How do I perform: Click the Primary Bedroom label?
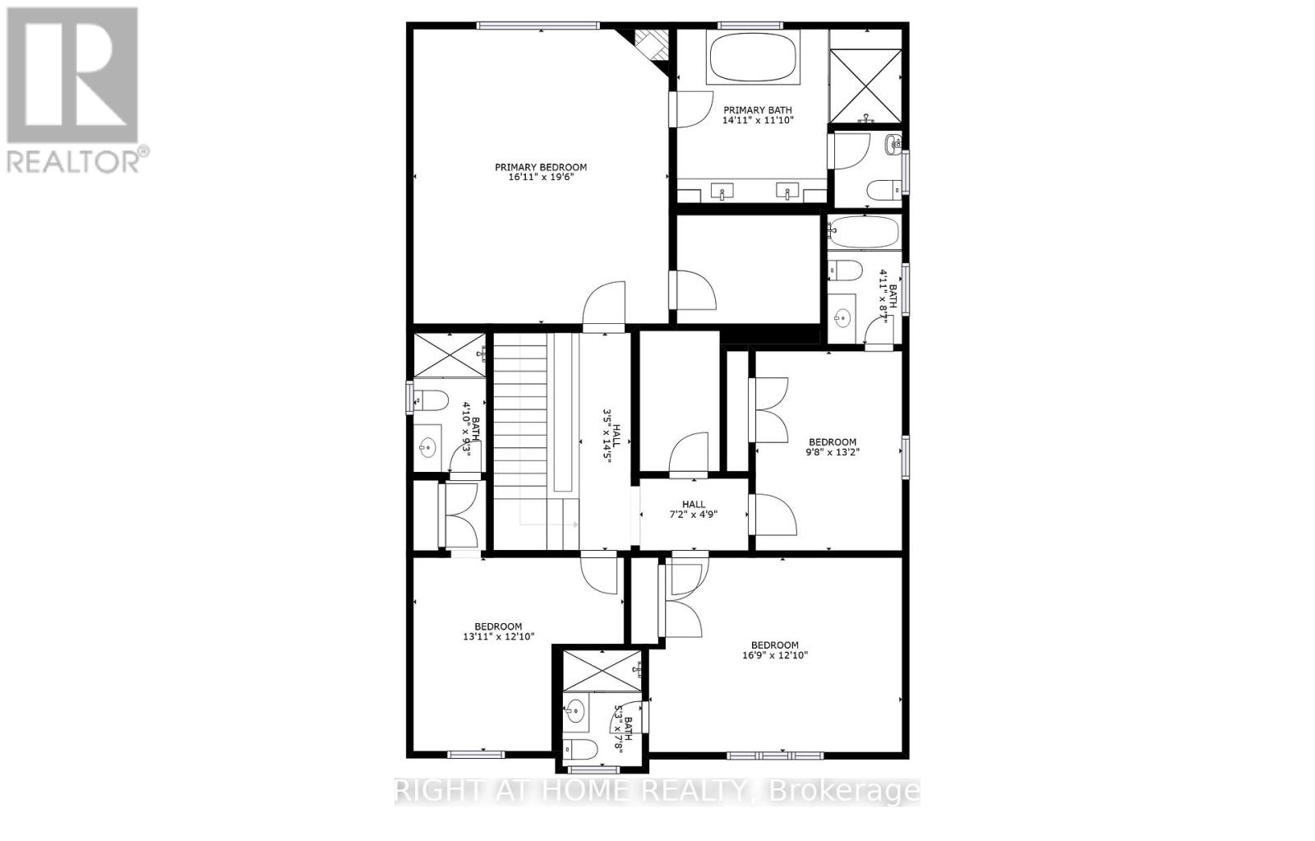(x=540, y=168)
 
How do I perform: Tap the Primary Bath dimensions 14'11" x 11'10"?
(x=758, y=120)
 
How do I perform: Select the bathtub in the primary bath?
(x=752, y=56)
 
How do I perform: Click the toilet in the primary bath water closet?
(x=884, y=188)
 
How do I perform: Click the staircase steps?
(x=519, y=427)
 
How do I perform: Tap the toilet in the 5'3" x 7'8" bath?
(x=580, y=750)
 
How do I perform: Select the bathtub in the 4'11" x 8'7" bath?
(x=864, y=233)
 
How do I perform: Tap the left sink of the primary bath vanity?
(x=722, y=192)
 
